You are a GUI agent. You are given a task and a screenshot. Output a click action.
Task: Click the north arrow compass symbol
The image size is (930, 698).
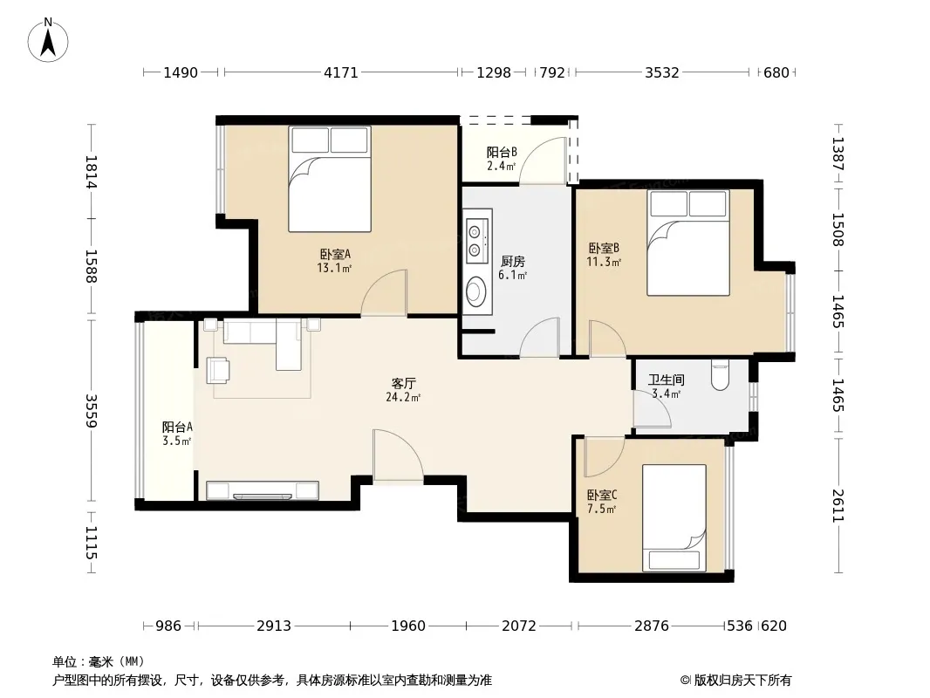(x=48, y=40)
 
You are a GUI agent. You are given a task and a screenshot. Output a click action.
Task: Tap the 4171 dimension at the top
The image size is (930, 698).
(x=341, y=72)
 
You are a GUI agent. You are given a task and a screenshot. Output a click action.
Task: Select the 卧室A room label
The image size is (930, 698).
(x=335, y=254)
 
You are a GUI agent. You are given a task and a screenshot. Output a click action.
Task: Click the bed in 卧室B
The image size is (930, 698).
(x=688, y=243)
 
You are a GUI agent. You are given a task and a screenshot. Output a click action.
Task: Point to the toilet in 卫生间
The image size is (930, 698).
(x=720, y=375)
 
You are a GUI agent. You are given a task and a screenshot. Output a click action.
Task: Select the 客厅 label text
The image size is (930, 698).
(x=403, y=383)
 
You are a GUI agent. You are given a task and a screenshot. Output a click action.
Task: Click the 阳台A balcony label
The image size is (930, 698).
(x=177, y=427)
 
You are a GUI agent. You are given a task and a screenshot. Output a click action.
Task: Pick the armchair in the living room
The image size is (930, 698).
(x=218, y=370)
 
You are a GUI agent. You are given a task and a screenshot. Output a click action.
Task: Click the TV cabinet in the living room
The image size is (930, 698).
(x=262, y=490)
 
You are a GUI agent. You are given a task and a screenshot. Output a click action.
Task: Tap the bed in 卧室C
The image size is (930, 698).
(x=674, y=518)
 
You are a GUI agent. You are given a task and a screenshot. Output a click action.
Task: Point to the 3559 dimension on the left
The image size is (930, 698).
(x=91, y=410)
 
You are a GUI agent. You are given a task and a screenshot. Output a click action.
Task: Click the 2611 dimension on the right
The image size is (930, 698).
(x=838, y=506)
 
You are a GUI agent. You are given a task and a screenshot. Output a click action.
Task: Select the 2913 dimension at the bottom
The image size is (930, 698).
(x=274, y=626)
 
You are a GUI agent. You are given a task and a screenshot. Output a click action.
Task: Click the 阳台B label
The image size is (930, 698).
(x=501, y=152)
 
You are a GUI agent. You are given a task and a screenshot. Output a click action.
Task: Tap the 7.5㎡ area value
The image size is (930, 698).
(x=601, y=509)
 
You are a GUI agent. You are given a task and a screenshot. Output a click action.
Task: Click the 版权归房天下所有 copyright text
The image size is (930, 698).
(x=742, y=681)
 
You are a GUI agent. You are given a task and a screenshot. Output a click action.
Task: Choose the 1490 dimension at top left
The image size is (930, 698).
(x=181, y=72)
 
